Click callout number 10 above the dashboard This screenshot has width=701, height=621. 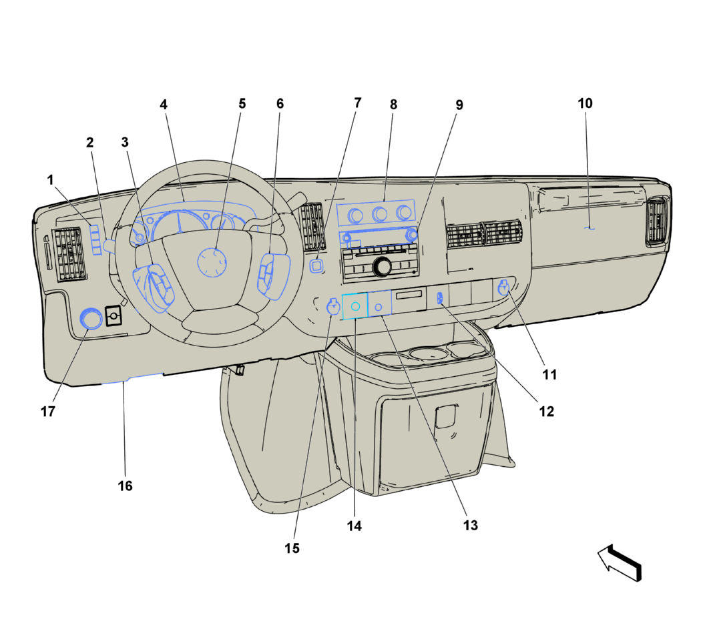tap(585, 103)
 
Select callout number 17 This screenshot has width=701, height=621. tap(48, 412)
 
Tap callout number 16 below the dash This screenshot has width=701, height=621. tap(126, 486)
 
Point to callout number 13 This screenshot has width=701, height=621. tap(470, 525)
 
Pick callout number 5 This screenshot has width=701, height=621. tap(242, 103)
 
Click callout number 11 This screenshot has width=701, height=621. tap(549, 374)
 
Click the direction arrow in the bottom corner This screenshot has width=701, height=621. tap(620, 563)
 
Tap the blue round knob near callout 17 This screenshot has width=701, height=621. tap(91, 319)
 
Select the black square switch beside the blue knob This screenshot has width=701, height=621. tap(113, 316)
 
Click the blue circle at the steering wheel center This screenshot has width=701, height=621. tap(212, 262)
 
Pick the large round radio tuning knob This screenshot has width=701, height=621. tap(382, 266)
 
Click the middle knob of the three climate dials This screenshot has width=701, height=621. tap(380, 214)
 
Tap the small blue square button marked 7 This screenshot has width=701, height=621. tap(316, 266)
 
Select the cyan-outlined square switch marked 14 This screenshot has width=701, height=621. tap(355, 306)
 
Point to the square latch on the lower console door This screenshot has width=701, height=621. tap(446, 416)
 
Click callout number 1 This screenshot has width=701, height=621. tap(50, 180)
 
